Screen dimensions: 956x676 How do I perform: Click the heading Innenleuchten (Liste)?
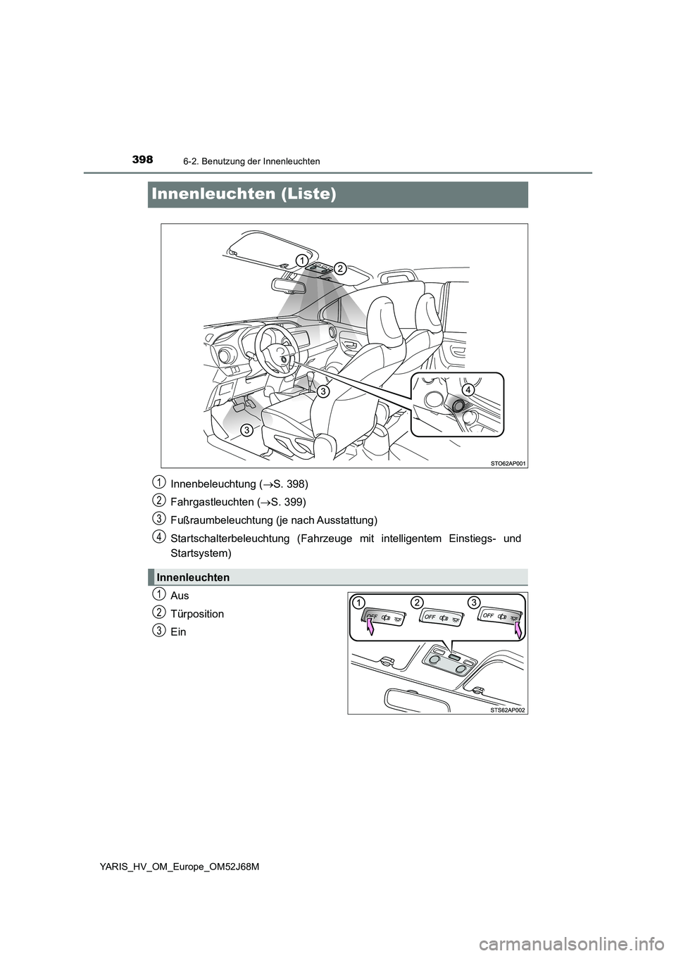(242, 194)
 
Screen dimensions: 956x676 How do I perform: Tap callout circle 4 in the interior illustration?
(469, 389)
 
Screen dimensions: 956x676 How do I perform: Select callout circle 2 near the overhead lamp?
(339, 268)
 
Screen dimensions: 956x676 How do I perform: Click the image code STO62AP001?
(506, 463)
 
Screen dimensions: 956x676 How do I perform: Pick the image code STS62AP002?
(506, 710)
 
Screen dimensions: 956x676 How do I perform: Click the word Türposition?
(197, 614)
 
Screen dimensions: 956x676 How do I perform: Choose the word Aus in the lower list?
(180, 596)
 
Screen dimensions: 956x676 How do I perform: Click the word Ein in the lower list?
(179, 632)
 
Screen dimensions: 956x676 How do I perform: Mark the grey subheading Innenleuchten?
(194, 577)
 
